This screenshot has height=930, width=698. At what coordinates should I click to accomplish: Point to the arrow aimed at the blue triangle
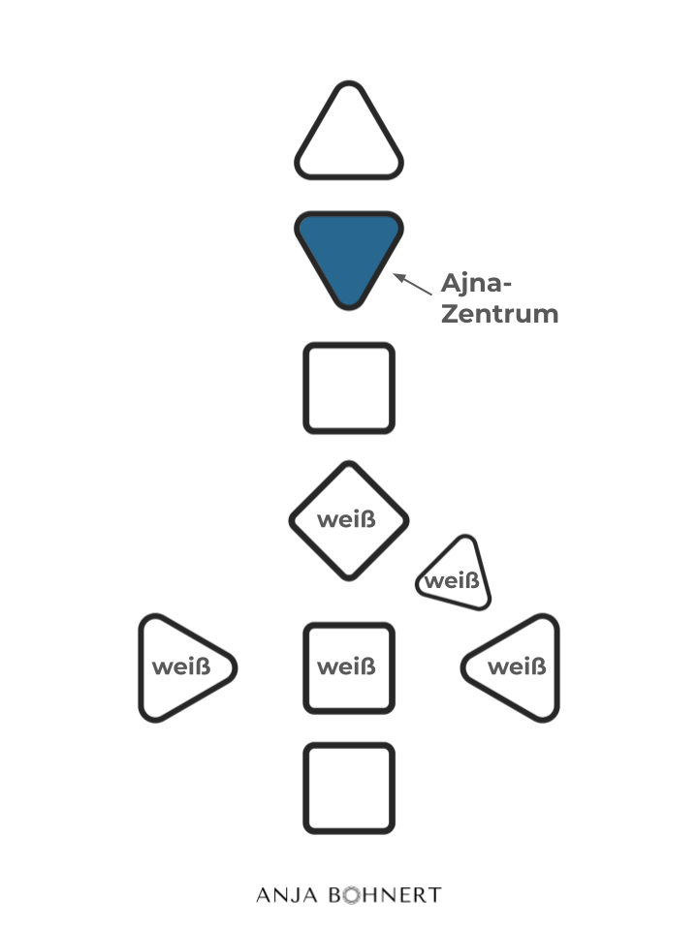pos(413,284)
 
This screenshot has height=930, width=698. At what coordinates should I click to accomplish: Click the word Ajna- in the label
pos(476,284)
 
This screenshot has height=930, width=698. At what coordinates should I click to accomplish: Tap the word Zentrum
pos(499,314)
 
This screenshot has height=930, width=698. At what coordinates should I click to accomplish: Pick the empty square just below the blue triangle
pos(349,387)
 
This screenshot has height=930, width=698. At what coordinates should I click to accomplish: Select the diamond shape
pos(349,494)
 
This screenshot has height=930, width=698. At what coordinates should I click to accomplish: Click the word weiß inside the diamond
pos(347,520)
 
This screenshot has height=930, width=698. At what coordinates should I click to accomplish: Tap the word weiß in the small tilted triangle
pos(452,581)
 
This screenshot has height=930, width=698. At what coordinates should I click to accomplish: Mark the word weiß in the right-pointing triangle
pos(181,666)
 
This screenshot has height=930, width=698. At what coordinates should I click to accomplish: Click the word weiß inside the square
pos(347,666)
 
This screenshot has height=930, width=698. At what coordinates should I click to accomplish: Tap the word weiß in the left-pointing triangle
pos(517,666)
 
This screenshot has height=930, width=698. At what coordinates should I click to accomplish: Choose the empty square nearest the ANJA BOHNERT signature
pos(349,788)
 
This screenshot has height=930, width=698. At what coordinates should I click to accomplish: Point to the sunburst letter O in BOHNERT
pos(345,894)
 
